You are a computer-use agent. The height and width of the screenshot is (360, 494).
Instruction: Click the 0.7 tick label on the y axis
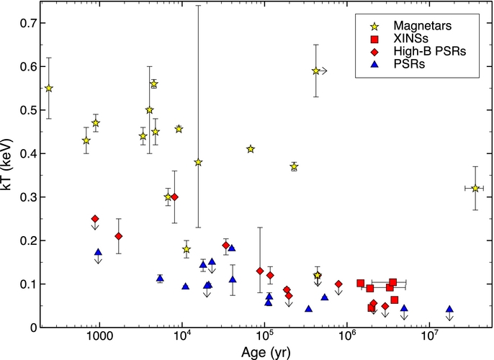point(27,23)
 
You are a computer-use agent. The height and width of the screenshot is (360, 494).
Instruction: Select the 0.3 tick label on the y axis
point(27,197)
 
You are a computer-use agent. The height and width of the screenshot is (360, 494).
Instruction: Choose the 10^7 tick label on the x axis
point(430,338)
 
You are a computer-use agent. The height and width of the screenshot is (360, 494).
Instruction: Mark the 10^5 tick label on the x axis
point(265,338)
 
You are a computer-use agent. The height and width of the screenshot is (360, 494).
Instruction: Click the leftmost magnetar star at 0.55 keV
point(49,89)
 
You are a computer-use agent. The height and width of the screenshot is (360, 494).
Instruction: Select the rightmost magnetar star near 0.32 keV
point(475,188)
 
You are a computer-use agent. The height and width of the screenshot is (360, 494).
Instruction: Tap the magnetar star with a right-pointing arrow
point(316,71)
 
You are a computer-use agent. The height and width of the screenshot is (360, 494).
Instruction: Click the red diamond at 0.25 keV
point(95,219)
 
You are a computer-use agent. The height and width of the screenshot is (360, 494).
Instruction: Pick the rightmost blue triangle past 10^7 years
point(449,310)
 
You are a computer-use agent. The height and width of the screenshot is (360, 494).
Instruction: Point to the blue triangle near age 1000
point(98,253)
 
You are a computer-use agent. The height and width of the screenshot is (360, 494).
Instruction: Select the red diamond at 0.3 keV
point(174,197)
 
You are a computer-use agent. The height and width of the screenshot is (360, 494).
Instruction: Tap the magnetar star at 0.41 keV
point(251,149)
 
